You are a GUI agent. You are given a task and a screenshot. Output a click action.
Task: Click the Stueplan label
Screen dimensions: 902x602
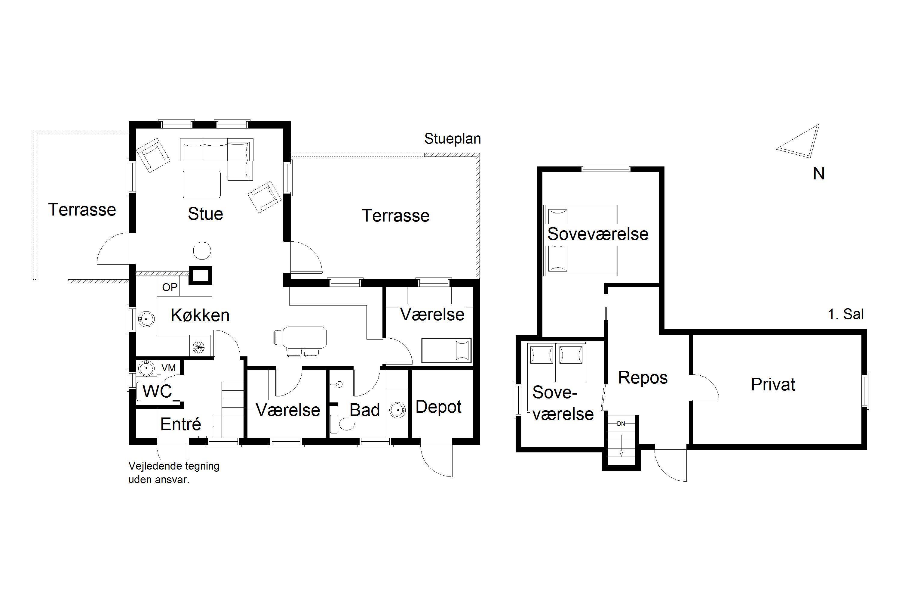[x=453, y=139]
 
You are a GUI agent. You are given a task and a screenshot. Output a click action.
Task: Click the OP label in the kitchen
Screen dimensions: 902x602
[x=170, y=287]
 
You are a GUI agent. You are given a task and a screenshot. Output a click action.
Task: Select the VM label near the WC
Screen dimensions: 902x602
[x=169, y=368]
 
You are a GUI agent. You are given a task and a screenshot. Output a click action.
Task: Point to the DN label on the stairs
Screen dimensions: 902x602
[x=621, y=424]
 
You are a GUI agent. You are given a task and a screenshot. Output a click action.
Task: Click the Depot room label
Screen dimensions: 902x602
[x=438, y=407]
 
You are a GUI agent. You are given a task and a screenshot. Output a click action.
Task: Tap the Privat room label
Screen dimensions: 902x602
[x=773, y=384]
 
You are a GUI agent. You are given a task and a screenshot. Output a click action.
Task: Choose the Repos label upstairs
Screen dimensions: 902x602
[x=643, y=378]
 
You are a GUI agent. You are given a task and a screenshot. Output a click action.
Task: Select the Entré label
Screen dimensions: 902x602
[x=181, y=424]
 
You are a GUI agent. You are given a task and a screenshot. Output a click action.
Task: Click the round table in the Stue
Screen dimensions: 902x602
[x=202, y=251]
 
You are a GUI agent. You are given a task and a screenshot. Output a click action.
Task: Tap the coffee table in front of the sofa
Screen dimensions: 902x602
[x=202, y=184]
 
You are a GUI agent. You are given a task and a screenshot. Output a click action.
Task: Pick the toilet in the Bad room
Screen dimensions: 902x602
[x=342, y=424]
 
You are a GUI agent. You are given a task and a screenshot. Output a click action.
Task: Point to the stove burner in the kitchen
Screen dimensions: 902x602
[x=199, y=347]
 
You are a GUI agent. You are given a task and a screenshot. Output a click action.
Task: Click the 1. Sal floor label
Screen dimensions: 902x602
[x=845, y=315]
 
